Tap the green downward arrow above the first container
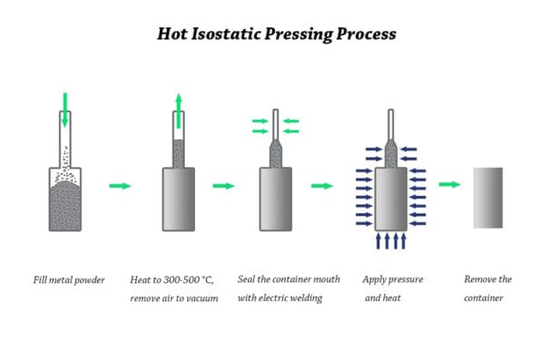(64, 107)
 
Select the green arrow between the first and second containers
(120, 186)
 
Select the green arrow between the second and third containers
(224, 186)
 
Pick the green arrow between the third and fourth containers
(322, 186)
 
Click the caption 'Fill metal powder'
(69, 279)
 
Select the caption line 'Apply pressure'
(393, 279)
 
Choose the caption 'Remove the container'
(487, 288)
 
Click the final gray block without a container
(487, 198)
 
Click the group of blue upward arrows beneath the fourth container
(389, 241)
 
